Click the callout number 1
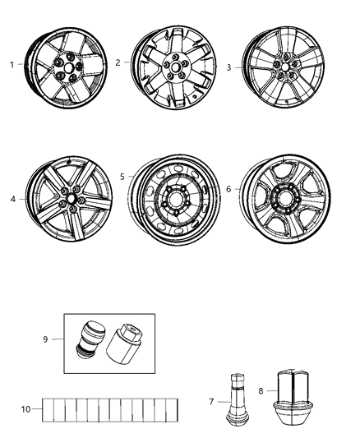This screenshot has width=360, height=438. pyautogui.click(x=11, y=63)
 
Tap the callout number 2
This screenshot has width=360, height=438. pyautogui.click(x=118, y=62)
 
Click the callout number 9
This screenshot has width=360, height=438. pyautogui.click(x=46, y=338)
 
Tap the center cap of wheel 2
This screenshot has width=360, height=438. pyautogui.click(x=177, y=67)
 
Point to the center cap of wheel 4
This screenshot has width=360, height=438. pyautogui.click(x=73, y=199)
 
